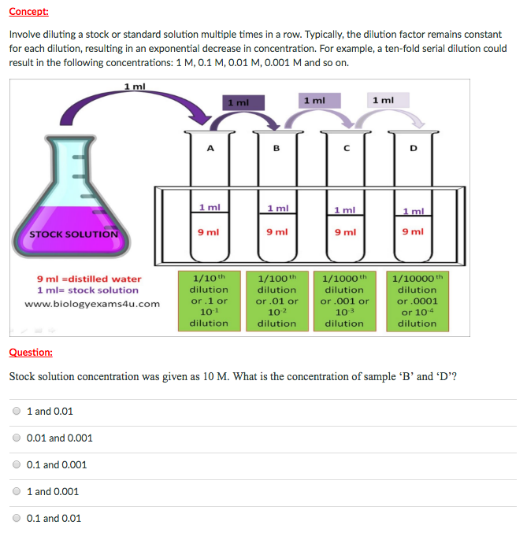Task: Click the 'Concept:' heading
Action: (28, 12)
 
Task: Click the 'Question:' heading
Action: (31, 353)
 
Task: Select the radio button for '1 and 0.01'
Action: (17, 411)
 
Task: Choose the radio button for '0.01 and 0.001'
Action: (17, 438)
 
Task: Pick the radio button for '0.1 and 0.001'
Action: (17, 464)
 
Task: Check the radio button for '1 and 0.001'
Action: (17, 491)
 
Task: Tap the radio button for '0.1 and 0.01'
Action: (17, 518)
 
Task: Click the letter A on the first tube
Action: (210, 146)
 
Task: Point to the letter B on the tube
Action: (276, 146)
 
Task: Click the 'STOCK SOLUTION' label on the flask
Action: (73, 234)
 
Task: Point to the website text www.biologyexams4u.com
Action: (92, 304)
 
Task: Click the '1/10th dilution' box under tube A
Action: (210, 300)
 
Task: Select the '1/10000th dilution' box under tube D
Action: (417, 300)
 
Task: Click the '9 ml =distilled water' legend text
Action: (90, 279)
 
